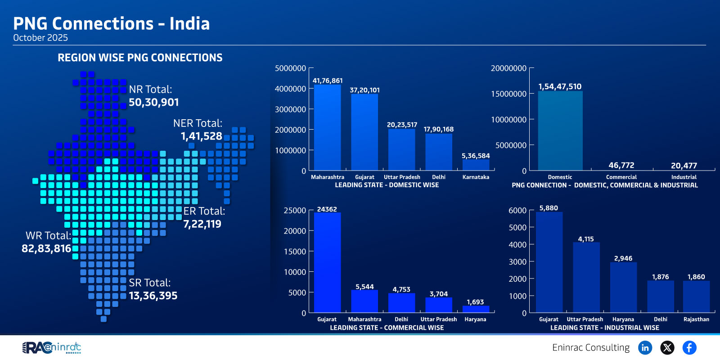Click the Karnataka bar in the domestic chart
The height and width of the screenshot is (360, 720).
476,165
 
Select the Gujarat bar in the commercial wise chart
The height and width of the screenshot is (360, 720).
327,262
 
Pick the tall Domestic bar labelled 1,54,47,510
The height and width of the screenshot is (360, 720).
560,130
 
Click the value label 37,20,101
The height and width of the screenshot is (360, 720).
364,90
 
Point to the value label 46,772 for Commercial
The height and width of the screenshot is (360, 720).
621,165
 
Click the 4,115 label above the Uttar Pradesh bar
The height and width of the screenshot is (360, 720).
586,239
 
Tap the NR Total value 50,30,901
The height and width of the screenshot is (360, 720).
154,102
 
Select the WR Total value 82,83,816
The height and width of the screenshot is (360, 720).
46,248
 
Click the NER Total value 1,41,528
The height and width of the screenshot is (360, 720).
201,136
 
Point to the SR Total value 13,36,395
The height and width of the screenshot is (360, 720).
153,296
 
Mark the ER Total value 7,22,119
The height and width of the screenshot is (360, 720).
202,224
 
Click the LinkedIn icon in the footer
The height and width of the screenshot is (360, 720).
645,347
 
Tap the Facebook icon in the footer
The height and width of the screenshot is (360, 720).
689,347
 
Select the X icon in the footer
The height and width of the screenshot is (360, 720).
667,347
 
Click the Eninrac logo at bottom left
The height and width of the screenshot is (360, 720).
52,347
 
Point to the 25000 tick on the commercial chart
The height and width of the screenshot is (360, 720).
295,210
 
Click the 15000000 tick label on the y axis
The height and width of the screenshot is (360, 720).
508,94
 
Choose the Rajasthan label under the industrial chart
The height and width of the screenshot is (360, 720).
696,319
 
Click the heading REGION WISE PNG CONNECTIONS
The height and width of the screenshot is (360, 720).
140,58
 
